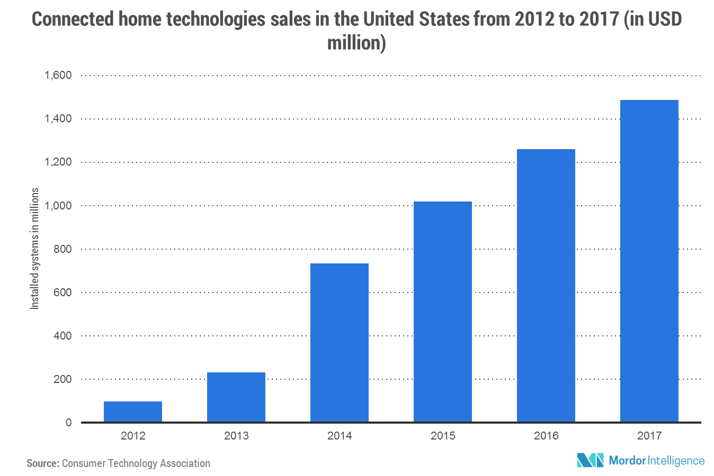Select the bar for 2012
coord(133,411)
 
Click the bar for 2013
coord(236,397)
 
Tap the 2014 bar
coord(340,342)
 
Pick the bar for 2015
coord(443,312)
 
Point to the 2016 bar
coord(546,285)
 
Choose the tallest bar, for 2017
coord(649,261)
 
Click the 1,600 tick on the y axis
coord(58,75)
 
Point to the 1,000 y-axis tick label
coord(58,205)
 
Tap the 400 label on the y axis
coord(63,335)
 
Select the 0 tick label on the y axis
coord(69,423)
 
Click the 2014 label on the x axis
coord(340,436)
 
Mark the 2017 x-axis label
coord(649,436)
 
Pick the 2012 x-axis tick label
coord(133,436)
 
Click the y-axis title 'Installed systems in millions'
coord(35,249)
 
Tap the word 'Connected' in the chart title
coord(73,20)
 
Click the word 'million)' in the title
coord(356,42)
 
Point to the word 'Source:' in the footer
coord(42,463)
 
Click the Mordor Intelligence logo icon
coord(590,460)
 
